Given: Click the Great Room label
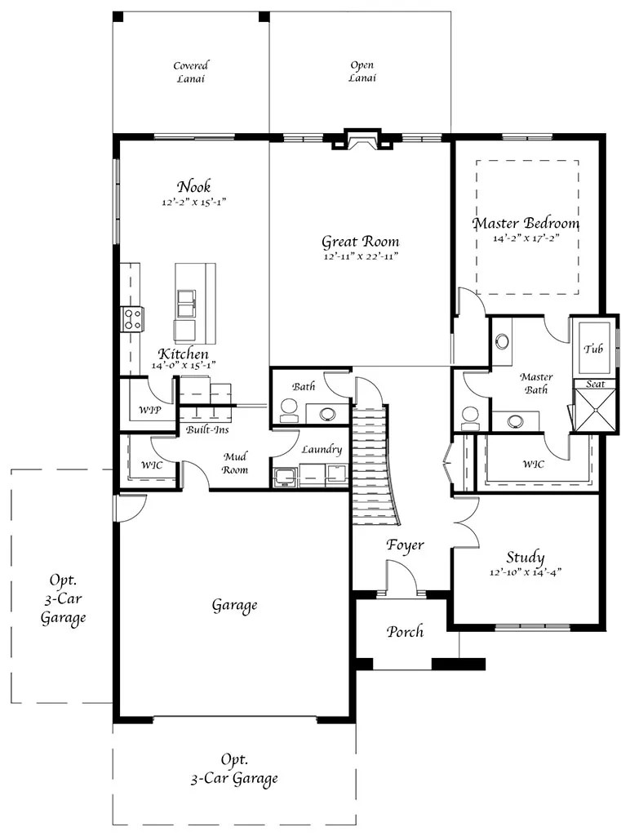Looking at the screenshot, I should point(360,242).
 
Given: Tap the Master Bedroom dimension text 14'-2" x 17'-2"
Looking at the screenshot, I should point(526,240).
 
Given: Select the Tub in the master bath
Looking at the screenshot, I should point(593,349).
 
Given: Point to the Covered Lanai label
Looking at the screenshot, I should point(190,72).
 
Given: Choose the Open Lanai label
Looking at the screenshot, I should point(362,72).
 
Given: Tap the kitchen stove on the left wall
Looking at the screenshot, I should point(132,318).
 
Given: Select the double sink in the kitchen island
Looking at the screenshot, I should point(185,303).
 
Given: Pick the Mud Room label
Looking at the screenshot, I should point(235,463).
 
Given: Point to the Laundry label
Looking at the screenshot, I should point(321,450).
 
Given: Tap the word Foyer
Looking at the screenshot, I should point(405,545).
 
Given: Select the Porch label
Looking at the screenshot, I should point(405,631).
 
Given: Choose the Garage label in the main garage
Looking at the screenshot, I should point(234,605).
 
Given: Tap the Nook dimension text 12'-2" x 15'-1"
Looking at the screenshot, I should point(193,202).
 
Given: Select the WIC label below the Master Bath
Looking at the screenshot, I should point(535,464).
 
